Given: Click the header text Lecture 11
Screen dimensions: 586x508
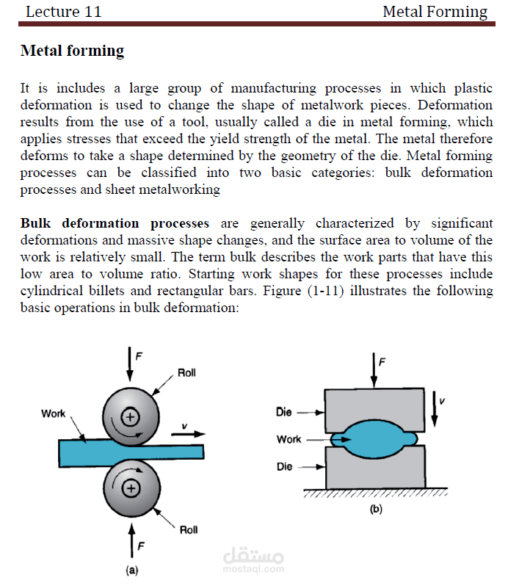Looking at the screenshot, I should coord(63,12).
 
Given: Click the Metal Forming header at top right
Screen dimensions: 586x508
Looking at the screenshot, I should coord(435,12).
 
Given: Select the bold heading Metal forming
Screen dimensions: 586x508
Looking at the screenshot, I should coord(73,51).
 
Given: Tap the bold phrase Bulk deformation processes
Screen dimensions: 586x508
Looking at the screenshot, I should coord(115,223).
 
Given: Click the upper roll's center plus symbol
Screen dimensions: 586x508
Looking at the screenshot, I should coord(130,416).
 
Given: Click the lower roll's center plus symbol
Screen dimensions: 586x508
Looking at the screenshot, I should coord(130,488).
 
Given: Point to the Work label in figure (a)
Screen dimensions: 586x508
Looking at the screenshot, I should coord(53,413).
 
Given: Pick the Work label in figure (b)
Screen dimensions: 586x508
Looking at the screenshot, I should coord(289,439).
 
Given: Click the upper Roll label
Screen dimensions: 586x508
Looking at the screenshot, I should coord(186,373).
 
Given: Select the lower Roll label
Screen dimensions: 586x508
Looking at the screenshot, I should coord(188,529).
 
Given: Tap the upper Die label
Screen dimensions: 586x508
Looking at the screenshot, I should coord(284,412).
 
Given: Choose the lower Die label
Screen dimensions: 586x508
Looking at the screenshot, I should coord(284,466).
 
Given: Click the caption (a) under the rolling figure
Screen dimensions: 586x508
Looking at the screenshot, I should coord(131,569).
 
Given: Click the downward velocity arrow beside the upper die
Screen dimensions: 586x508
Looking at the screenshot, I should coord(435,409).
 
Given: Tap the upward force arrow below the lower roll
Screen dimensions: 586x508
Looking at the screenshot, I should coord(131,536).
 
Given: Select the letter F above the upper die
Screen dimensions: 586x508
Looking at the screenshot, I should coord(382,361).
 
